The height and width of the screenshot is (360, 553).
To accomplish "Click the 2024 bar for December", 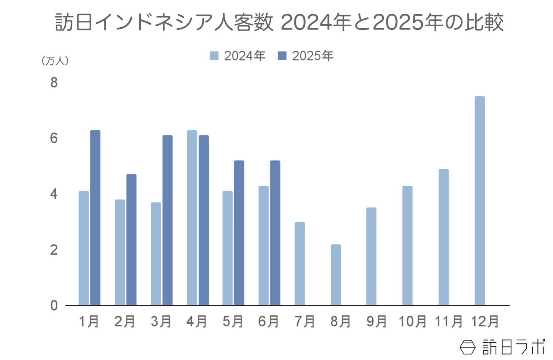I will [479, 201].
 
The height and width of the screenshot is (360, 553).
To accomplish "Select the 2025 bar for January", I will [95, 218].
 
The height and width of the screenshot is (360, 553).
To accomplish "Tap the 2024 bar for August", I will [336, 275].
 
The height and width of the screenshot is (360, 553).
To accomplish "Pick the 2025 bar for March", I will [167, 220].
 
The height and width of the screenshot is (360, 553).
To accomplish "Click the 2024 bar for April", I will [192, 218].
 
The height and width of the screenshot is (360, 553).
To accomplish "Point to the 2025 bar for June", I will [275, 233].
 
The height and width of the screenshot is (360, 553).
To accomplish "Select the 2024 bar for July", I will [300, 264].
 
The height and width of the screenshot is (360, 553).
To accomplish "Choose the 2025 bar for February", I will [131, 240].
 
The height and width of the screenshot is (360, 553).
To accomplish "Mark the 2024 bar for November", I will [443, 237].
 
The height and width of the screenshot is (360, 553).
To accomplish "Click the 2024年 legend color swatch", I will [214, 56].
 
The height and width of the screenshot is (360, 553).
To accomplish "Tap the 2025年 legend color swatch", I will [282, 56].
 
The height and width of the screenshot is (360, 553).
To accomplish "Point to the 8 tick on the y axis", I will [54, 83].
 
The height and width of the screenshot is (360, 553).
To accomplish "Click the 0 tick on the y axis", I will [54, 306].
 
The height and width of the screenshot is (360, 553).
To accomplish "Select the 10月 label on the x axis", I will [412, 322].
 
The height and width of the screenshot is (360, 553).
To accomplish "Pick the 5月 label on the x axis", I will [233, 322].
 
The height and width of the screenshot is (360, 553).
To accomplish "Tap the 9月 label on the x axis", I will [376, 322].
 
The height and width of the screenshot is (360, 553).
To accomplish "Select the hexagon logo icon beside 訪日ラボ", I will [468, 347].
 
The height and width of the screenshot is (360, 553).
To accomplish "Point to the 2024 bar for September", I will [371, 256].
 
